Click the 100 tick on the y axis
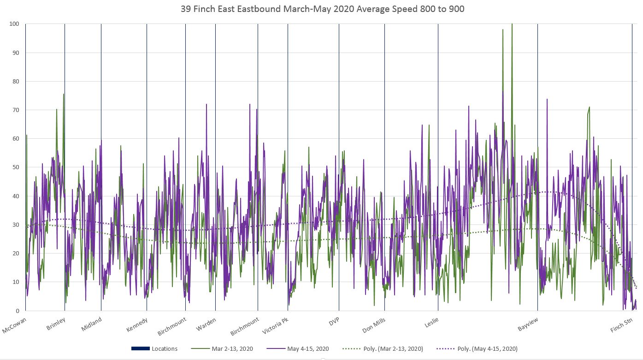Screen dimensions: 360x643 [14, 24]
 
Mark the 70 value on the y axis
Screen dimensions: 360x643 [16, 110]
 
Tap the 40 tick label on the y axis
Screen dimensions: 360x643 [16, 196]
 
